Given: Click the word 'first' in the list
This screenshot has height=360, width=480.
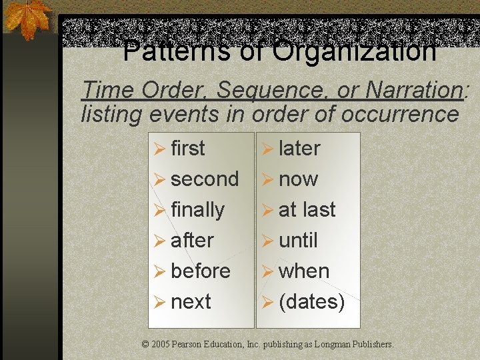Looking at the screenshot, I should [188, 149].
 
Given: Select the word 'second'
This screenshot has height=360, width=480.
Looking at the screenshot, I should [205, 179].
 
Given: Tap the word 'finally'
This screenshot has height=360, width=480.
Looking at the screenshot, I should [197, 210].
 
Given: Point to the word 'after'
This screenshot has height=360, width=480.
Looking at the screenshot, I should [192, 241].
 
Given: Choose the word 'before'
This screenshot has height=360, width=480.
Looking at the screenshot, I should [200, 271].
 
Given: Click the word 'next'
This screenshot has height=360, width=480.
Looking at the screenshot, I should [191, 302].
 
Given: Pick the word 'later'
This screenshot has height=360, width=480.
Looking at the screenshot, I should [299, 149].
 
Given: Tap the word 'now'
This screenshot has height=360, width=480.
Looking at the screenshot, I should [298, 179].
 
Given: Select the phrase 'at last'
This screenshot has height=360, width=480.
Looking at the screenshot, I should [307, 210].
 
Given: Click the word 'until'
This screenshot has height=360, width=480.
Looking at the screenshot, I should [298, 241].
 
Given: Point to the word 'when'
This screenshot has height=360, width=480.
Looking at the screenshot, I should [304, 271].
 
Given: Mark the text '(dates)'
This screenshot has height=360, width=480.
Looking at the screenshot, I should [311, 302].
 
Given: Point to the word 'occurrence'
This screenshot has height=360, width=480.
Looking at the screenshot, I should [400, 114].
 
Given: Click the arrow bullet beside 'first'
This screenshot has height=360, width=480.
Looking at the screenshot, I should [160, 149].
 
